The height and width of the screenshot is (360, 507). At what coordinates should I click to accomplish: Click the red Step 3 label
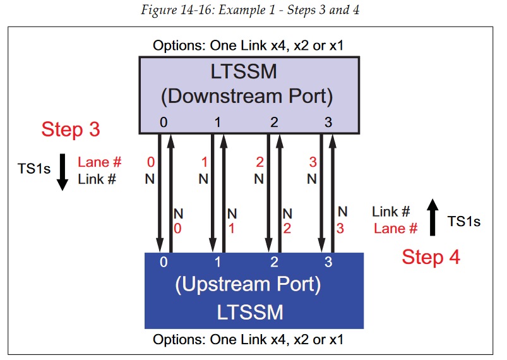pyautogui.click(x=71, y=129)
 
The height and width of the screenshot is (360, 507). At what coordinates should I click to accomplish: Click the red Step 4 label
pyautogui.click(x=431, y=257)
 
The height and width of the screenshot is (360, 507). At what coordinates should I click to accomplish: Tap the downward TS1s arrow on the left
pyautogui.click(x=63, y=171)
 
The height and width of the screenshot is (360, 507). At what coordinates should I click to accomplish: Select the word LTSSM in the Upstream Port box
pyautogui.click(x=250, y=312)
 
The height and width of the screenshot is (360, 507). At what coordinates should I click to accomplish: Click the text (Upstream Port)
pyautogui.click(x=248, y=284)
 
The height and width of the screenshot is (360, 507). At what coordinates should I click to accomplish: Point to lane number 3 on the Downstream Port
pyautogui.click(x=328, y=123)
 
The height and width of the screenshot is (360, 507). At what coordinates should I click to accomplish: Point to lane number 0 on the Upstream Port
pyautogui.click(x=163, y=261)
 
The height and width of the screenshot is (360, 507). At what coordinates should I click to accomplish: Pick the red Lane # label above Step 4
pyautogui.click(x=395, y=229)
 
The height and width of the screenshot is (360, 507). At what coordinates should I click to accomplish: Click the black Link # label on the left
pyautogui.click(x=97, y=179)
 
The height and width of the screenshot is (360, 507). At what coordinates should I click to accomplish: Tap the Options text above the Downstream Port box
pyautogui.click(x=248, y=45)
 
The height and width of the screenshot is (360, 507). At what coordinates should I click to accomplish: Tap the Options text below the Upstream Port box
pyautogui.click(x=248, y=340)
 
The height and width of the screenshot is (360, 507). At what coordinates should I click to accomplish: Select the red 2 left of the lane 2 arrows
pyautogui.click(x=259, y=163)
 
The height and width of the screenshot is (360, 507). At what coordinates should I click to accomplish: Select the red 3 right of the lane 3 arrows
pyautogui.click(x=340, y=229)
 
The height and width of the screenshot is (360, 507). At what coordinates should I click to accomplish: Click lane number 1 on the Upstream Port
pyautogui.click(x=217, y=261)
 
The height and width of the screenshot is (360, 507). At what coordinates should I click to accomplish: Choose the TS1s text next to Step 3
pyautogui.click(x=35, y=169)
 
